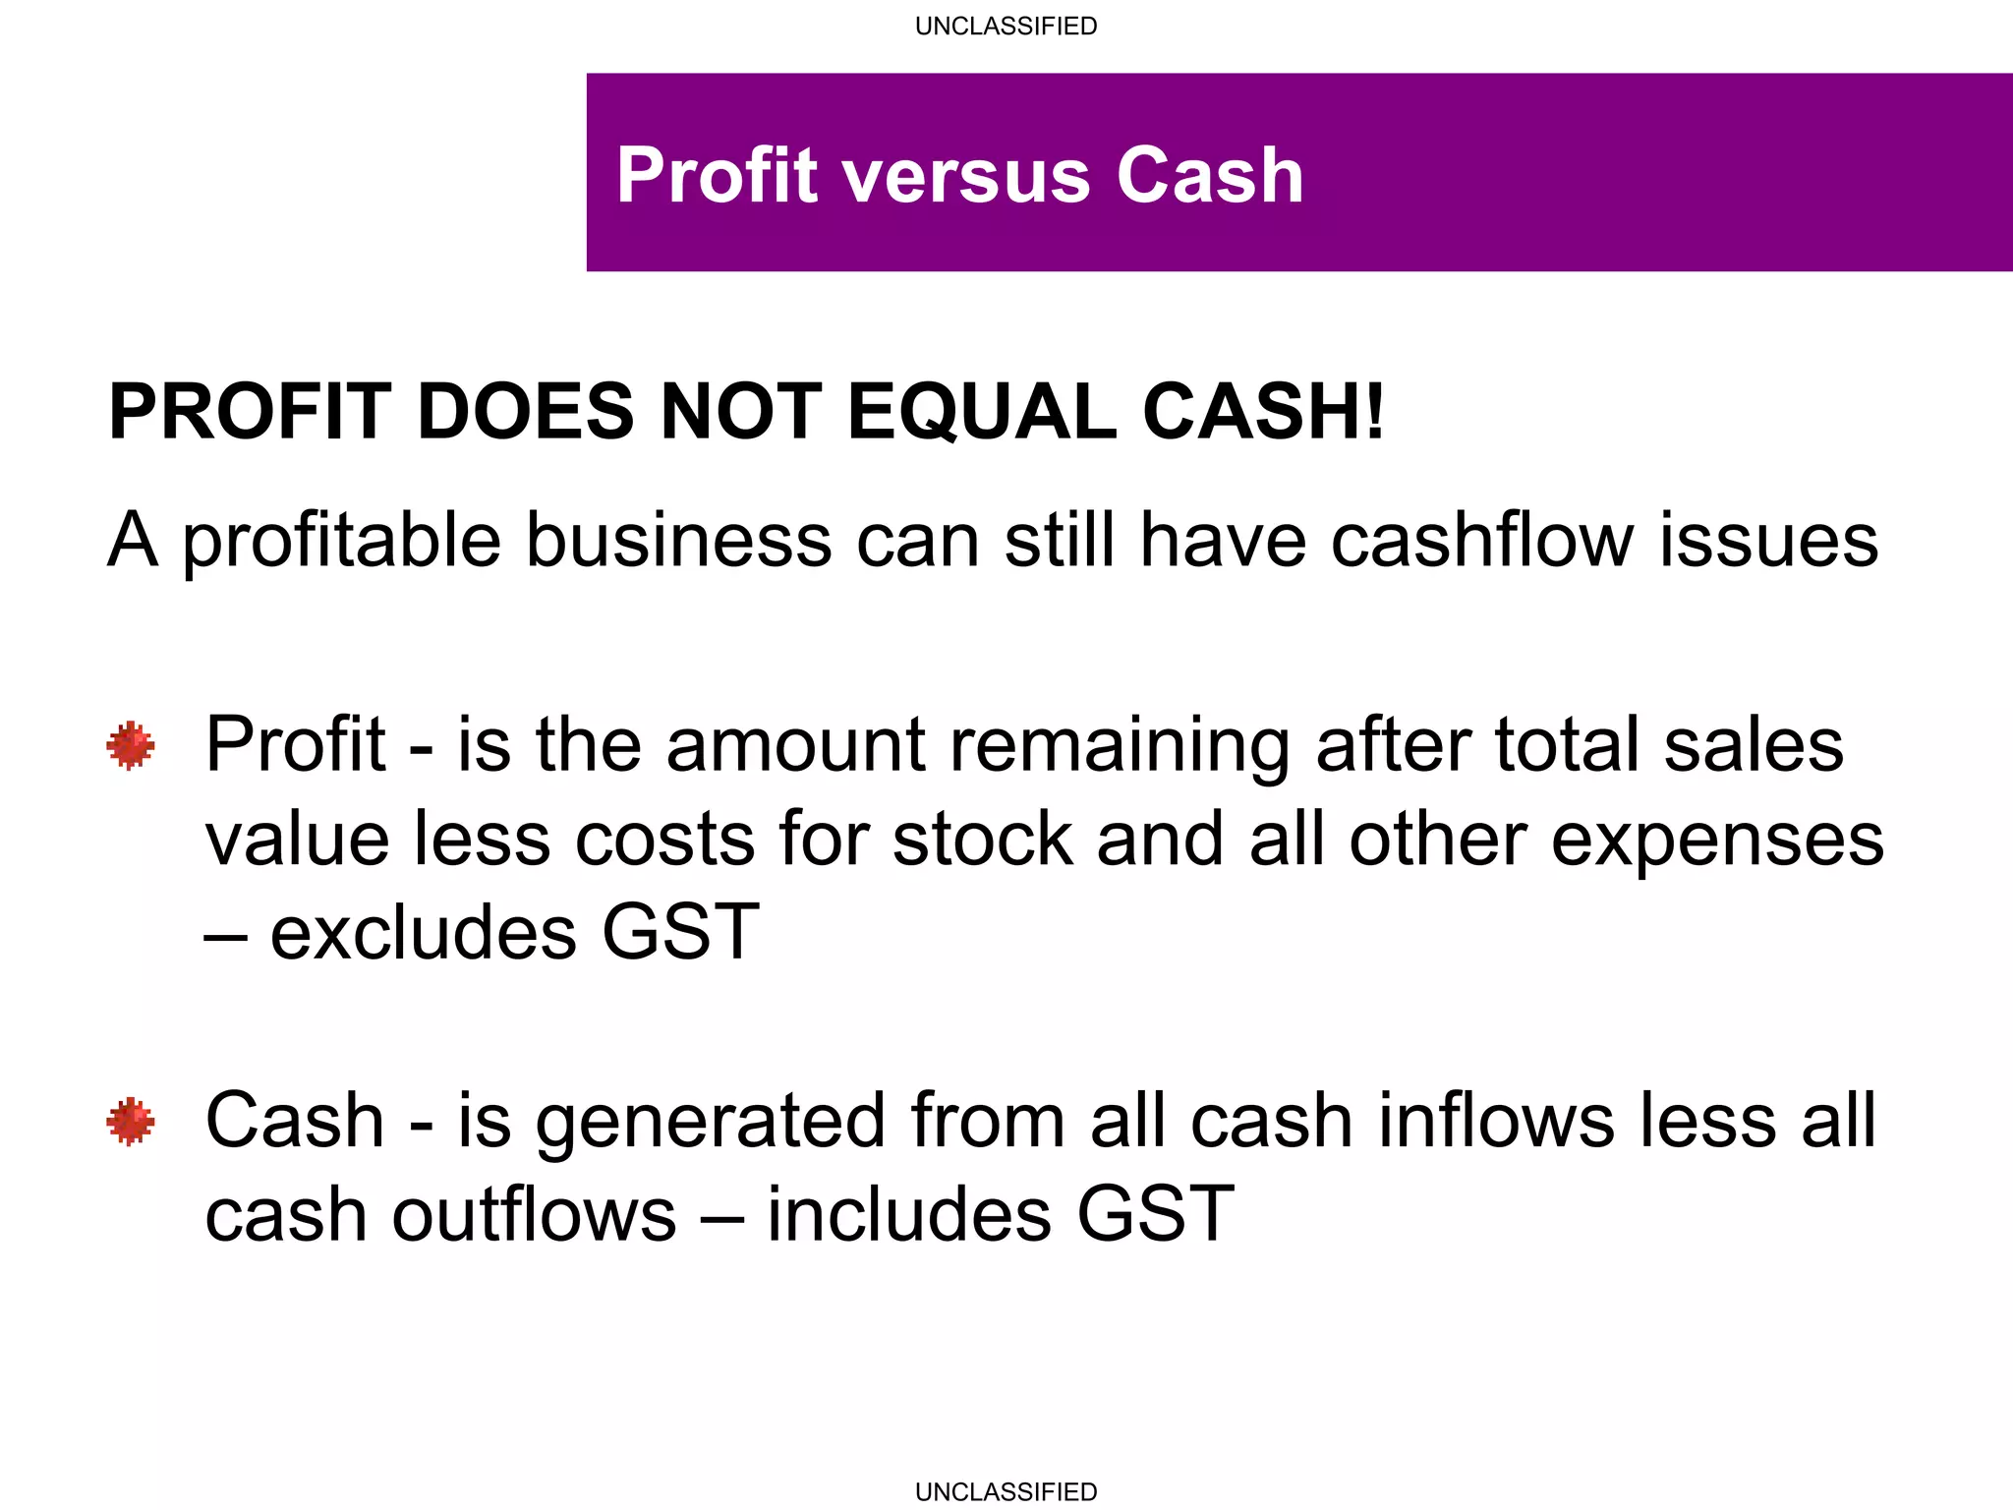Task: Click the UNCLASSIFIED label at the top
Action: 1006,26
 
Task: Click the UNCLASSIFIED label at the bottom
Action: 1006,1491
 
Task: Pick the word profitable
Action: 341,542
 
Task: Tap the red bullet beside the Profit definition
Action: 131,746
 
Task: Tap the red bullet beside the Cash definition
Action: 131,1122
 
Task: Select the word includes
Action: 909,1215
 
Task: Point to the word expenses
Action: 1717,842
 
